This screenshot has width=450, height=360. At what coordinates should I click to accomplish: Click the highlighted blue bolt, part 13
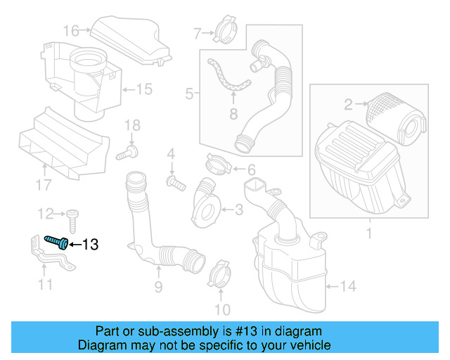[57, 242]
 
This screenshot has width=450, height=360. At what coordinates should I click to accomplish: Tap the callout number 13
[91, 245]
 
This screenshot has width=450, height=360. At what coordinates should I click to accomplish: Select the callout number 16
[71, 30]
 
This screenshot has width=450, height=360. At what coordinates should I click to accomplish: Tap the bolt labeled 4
[175, 183]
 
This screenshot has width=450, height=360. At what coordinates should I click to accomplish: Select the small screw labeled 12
[74, 214]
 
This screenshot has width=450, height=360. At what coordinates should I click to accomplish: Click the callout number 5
[189, 93]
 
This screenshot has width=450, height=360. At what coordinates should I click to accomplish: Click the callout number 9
[158, 286]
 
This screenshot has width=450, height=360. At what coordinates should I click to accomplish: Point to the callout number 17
[44, 185]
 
